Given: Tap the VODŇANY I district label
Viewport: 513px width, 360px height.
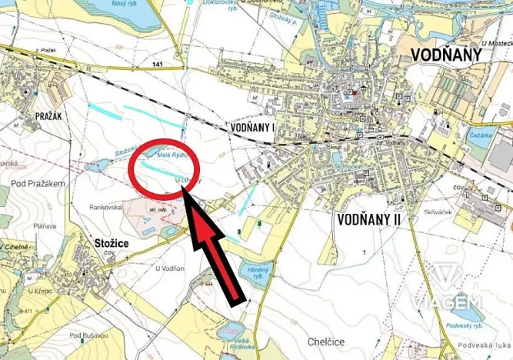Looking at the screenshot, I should tap(252, 126).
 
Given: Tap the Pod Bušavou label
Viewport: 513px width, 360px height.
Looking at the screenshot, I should tap(86, 335).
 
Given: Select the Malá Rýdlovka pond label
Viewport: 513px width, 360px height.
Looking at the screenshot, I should tap(172, 154).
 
